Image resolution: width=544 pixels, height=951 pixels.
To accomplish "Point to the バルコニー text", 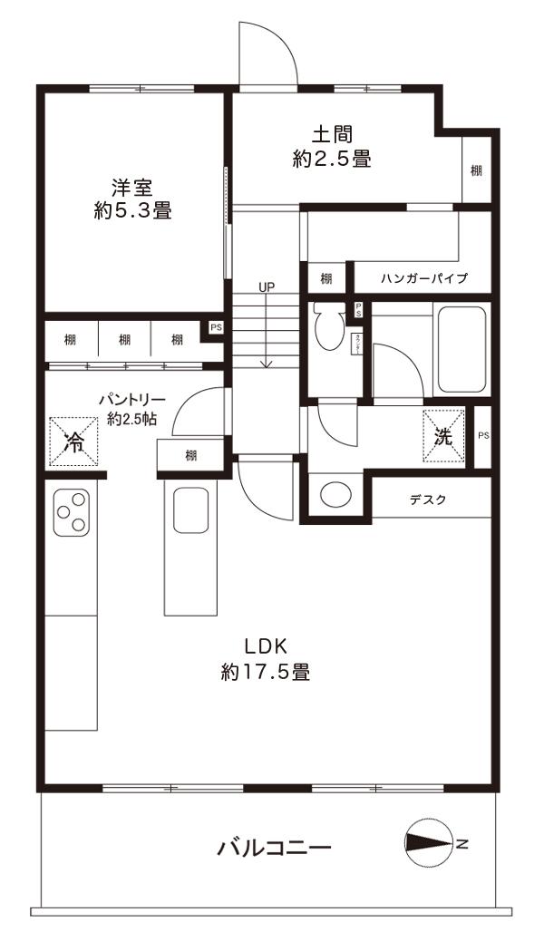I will pyautogui.click(x=274, y=849).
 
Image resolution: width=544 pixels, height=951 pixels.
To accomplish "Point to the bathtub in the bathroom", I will pyautogui.click(x=462, y=349).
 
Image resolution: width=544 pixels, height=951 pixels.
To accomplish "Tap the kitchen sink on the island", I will pyautogui.click(x=191, y=511).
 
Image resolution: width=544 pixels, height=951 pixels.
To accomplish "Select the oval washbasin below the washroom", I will pyautogui.click(x=336, y=496).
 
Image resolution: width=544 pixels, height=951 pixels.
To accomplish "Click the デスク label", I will pyautogui.click(x=428, y=500).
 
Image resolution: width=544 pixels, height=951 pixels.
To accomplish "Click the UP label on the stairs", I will pyautogui.click(x=266, y=287).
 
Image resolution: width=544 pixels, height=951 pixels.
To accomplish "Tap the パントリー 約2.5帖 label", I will pyautogui.click(x=131, y=408).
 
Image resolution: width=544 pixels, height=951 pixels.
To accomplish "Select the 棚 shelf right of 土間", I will pyautogui.click(x=476, y=170).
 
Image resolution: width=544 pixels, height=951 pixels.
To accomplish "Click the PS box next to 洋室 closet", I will pyautogui.click(x=215, y=326).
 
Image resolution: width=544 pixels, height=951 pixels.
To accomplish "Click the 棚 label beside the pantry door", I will pyautogui.click(x=191, y=456).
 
